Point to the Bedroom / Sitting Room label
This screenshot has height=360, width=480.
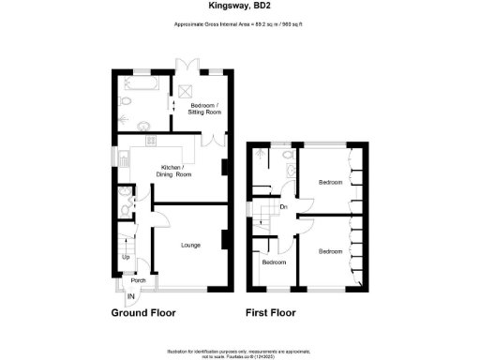point(204,108)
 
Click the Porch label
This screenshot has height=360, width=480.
point(138,280)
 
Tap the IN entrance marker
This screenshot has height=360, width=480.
point(131,297)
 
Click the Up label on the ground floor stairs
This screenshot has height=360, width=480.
point(126,255)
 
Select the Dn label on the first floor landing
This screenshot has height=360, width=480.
point(283,207)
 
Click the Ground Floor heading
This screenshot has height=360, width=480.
point(143,313)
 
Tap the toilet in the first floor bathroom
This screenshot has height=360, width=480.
point(289,155)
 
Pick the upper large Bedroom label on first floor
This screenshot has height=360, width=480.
point(330,182)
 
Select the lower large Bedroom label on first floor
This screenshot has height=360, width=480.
point(329,251)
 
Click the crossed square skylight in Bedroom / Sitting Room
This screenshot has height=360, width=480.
point(185,92)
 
